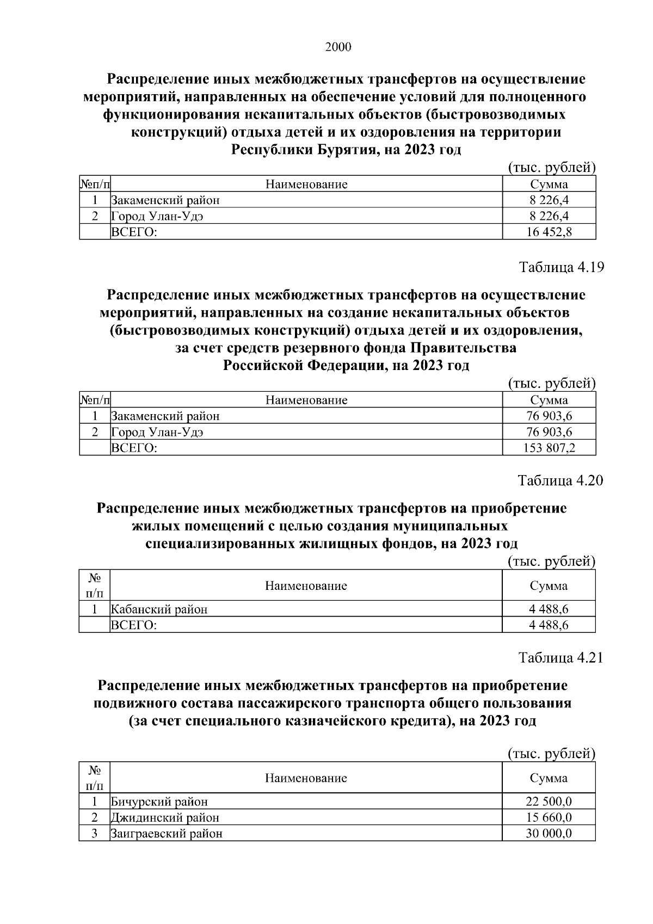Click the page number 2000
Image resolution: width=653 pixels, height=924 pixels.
338,47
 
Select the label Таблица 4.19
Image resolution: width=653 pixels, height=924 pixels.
561,268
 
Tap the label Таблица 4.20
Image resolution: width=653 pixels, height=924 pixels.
560,481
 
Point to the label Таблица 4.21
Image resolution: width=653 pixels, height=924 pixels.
561,658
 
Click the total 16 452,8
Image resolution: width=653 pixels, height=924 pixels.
549,232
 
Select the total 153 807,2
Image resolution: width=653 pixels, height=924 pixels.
549,448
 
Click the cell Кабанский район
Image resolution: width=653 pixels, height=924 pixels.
159,609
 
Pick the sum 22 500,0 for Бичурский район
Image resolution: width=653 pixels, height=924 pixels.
549,801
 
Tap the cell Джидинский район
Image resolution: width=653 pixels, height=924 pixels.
165,817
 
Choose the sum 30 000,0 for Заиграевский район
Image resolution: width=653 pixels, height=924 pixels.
549,834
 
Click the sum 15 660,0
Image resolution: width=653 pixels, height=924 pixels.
549,817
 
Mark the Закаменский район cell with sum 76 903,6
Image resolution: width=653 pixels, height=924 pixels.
165,416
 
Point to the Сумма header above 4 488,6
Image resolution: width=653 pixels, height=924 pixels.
549,586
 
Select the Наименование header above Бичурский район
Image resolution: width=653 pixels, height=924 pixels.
306,778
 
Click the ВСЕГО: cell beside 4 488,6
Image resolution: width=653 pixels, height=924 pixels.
134,625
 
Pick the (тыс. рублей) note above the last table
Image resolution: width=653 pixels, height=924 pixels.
551,753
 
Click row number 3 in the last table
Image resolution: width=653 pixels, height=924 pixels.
95,834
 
